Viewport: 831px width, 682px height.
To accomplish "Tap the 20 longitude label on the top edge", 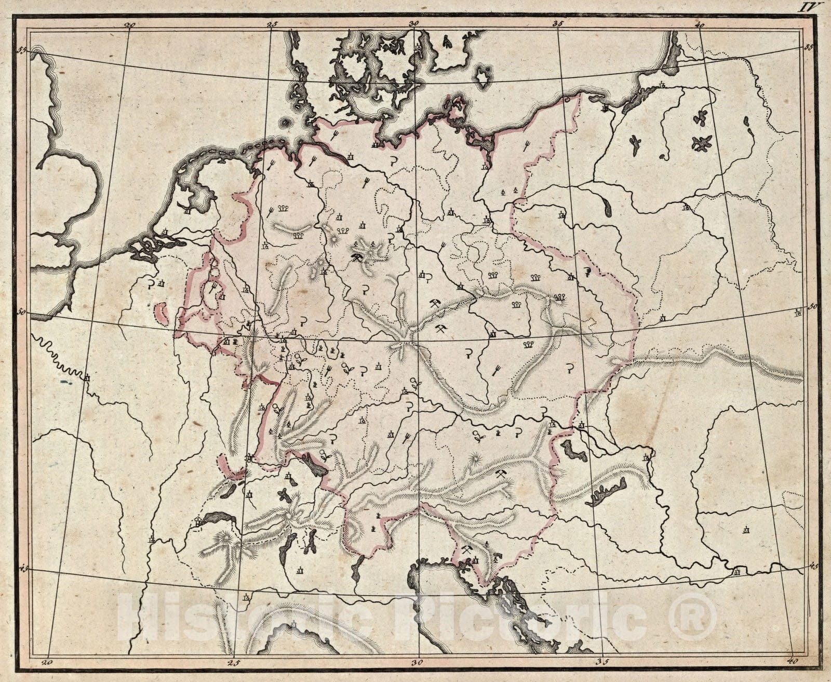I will (130, 24).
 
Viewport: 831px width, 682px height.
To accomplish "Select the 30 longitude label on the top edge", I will (413, 24).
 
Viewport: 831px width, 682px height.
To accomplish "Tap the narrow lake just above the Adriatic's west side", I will (357, 569).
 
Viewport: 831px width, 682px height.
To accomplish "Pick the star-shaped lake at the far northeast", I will (702, 143).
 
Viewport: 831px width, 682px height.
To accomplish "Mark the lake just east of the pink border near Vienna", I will (574, 449).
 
